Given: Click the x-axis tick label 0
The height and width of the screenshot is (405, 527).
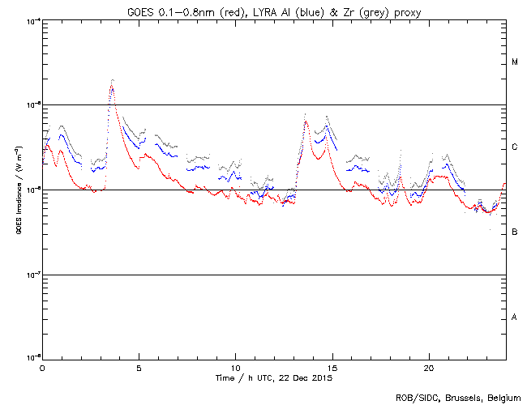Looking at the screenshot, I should coord(42,367).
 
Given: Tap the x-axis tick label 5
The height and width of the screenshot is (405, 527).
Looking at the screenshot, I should coord(139,367).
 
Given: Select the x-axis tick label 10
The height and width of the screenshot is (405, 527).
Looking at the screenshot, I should coord(235,367).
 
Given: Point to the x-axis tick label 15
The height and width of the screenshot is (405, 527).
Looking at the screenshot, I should coord(332,367).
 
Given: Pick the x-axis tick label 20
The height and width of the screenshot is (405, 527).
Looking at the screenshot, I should coord(428,367).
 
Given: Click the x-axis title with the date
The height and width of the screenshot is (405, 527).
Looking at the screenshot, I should coord(273,377).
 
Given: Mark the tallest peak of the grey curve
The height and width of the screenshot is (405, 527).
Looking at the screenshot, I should coord(112,79).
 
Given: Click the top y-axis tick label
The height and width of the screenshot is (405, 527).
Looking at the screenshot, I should coord(32,21).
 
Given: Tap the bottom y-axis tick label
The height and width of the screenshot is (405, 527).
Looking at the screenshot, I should coord(32,357).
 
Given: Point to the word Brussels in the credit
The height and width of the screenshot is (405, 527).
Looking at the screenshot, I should coord(459,397).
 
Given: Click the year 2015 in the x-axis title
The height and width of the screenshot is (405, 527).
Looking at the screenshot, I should coord(322,377).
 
